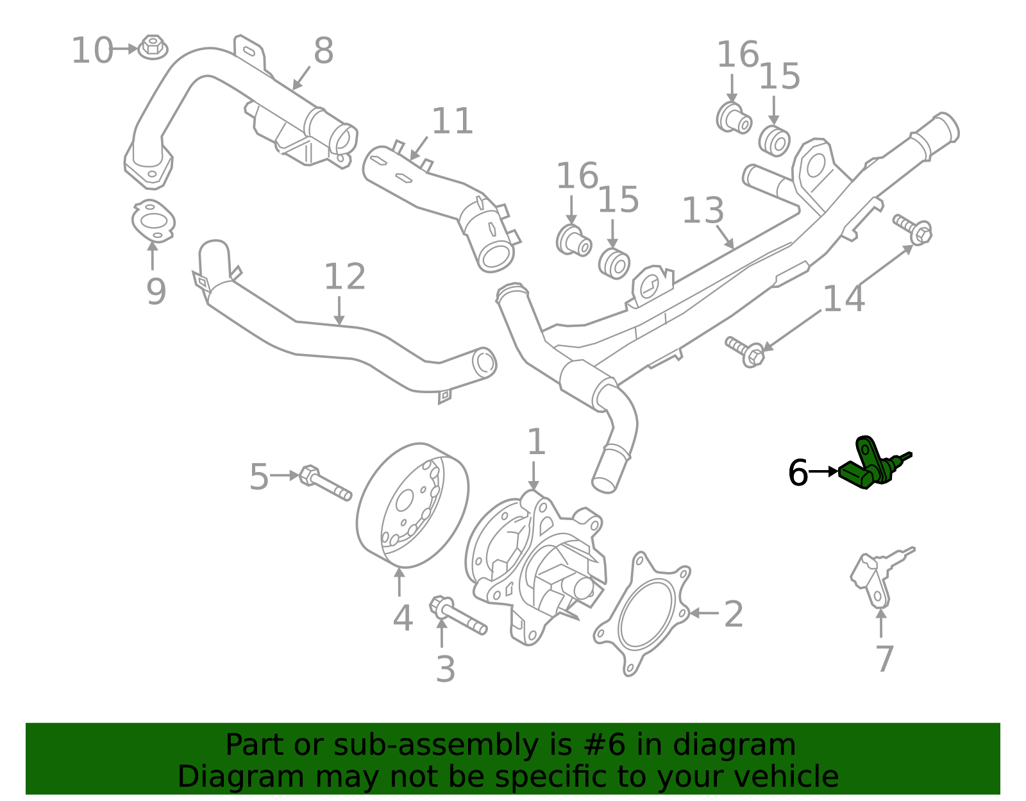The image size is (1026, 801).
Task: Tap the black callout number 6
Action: [798, 473]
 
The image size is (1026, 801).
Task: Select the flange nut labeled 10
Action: [153, 47]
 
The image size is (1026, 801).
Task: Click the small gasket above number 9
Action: [153, 222]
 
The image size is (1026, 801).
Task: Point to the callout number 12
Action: [344, 277]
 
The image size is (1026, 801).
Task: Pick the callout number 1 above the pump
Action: [535, 443]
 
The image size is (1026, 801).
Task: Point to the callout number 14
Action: [843, 299]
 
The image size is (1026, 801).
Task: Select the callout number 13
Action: [703, 211]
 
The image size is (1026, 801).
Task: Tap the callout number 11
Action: [452, 121]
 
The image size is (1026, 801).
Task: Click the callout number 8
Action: [323, 51]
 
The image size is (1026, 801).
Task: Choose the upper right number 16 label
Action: [737, 55]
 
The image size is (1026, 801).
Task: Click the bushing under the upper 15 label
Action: [774, 141]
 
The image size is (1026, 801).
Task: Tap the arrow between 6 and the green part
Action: [823, 471]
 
